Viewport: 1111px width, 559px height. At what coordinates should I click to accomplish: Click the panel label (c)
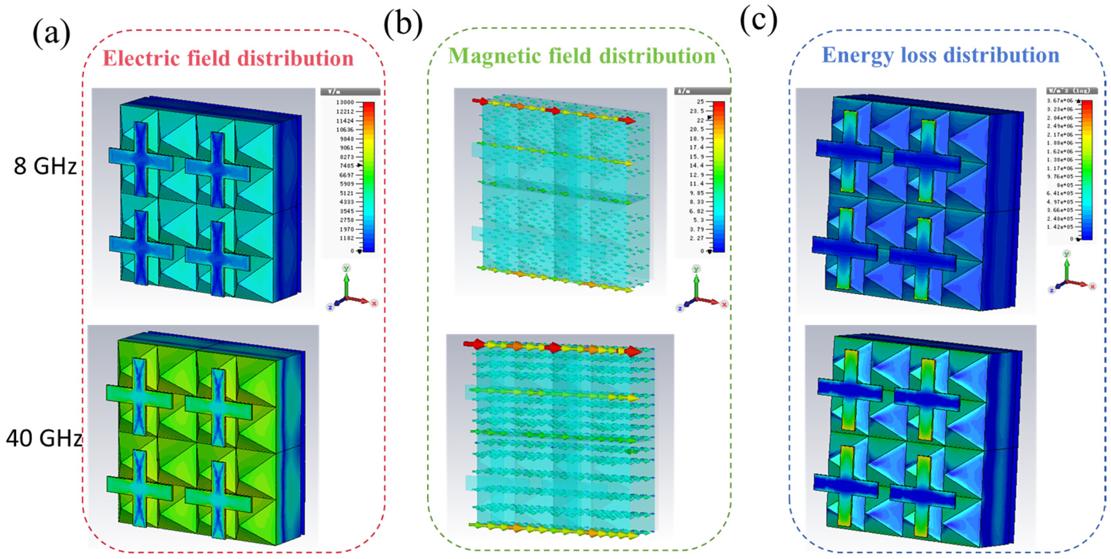[x=759, y=20]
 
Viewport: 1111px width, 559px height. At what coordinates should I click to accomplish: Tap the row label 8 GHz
[x=45, y=166]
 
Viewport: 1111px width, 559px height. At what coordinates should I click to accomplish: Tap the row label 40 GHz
[x=44, y=438]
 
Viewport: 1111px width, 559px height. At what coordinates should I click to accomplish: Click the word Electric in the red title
[x=141, y=58]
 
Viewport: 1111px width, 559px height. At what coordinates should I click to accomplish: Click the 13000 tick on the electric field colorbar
[x=345, y=102]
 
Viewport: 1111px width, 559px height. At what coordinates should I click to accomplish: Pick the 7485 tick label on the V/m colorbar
[x=346, y=165]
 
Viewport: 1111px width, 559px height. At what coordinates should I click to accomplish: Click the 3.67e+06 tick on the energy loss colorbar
[x=1060, y=101]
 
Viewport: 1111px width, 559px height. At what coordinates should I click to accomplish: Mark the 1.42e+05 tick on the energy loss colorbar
[x=1060, y=227]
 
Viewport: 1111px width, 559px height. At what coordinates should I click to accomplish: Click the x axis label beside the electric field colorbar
[x=374, y=303]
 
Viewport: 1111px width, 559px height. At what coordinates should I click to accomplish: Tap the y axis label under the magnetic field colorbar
[x=696, y=269]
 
